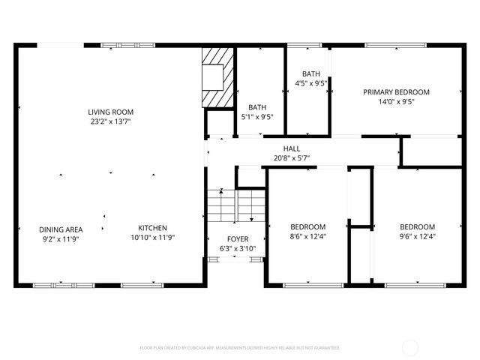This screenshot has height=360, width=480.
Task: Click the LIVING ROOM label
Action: click(111, 112)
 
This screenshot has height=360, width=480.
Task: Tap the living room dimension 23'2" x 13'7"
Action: click(111, 121)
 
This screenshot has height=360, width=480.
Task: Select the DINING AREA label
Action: click(61, 229)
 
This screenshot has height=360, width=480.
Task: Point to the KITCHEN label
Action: click(152, 228)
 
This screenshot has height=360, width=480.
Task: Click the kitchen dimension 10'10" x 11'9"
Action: click(152, 238)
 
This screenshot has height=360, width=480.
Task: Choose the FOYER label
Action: click(238, 238)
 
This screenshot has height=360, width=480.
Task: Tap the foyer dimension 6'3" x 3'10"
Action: click(238, 248)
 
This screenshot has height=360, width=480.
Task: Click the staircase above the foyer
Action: click(237, 206)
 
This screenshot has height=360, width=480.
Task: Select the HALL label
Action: click(292, 148)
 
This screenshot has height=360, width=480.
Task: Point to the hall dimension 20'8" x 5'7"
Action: click(292, 158)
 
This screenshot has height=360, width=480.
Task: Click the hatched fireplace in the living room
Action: click(218, 79)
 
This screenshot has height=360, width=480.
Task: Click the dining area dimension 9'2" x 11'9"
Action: click(61, 238)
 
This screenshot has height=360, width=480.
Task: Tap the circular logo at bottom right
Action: click(411, 347)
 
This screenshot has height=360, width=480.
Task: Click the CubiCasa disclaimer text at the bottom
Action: click(239, 348)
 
